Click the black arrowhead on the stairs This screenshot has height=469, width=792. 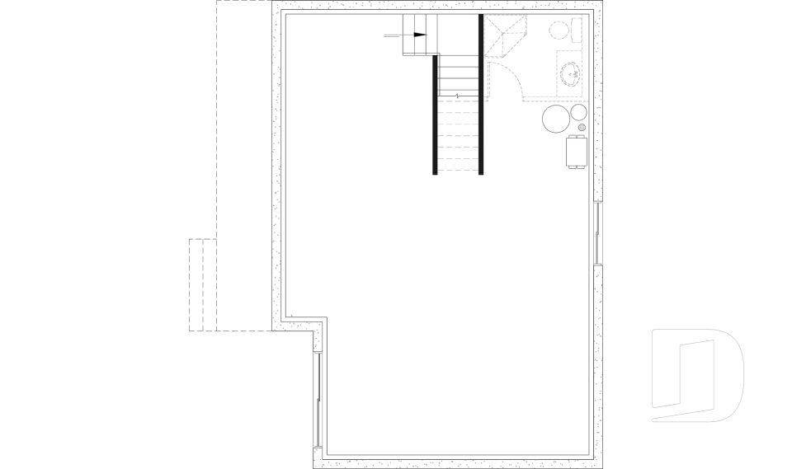tap(421, 35)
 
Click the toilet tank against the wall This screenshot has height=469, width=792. tap(580, 30)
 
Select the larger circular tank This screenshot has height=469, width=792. tap(556, 120)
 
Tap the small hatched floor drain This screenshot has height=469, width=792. tap(582, 128)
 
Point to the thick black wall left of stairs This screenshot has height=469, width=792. tap(435, 115)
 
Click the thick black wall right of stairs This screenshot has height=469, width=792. tap(480, 95)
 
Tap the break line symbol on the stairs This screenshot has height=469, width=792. tap(457, 96)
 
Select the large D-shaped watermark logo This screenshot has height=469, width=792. tap(697, 375)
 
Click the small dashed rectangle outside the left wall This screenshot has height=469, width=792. tap(196, 284)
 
